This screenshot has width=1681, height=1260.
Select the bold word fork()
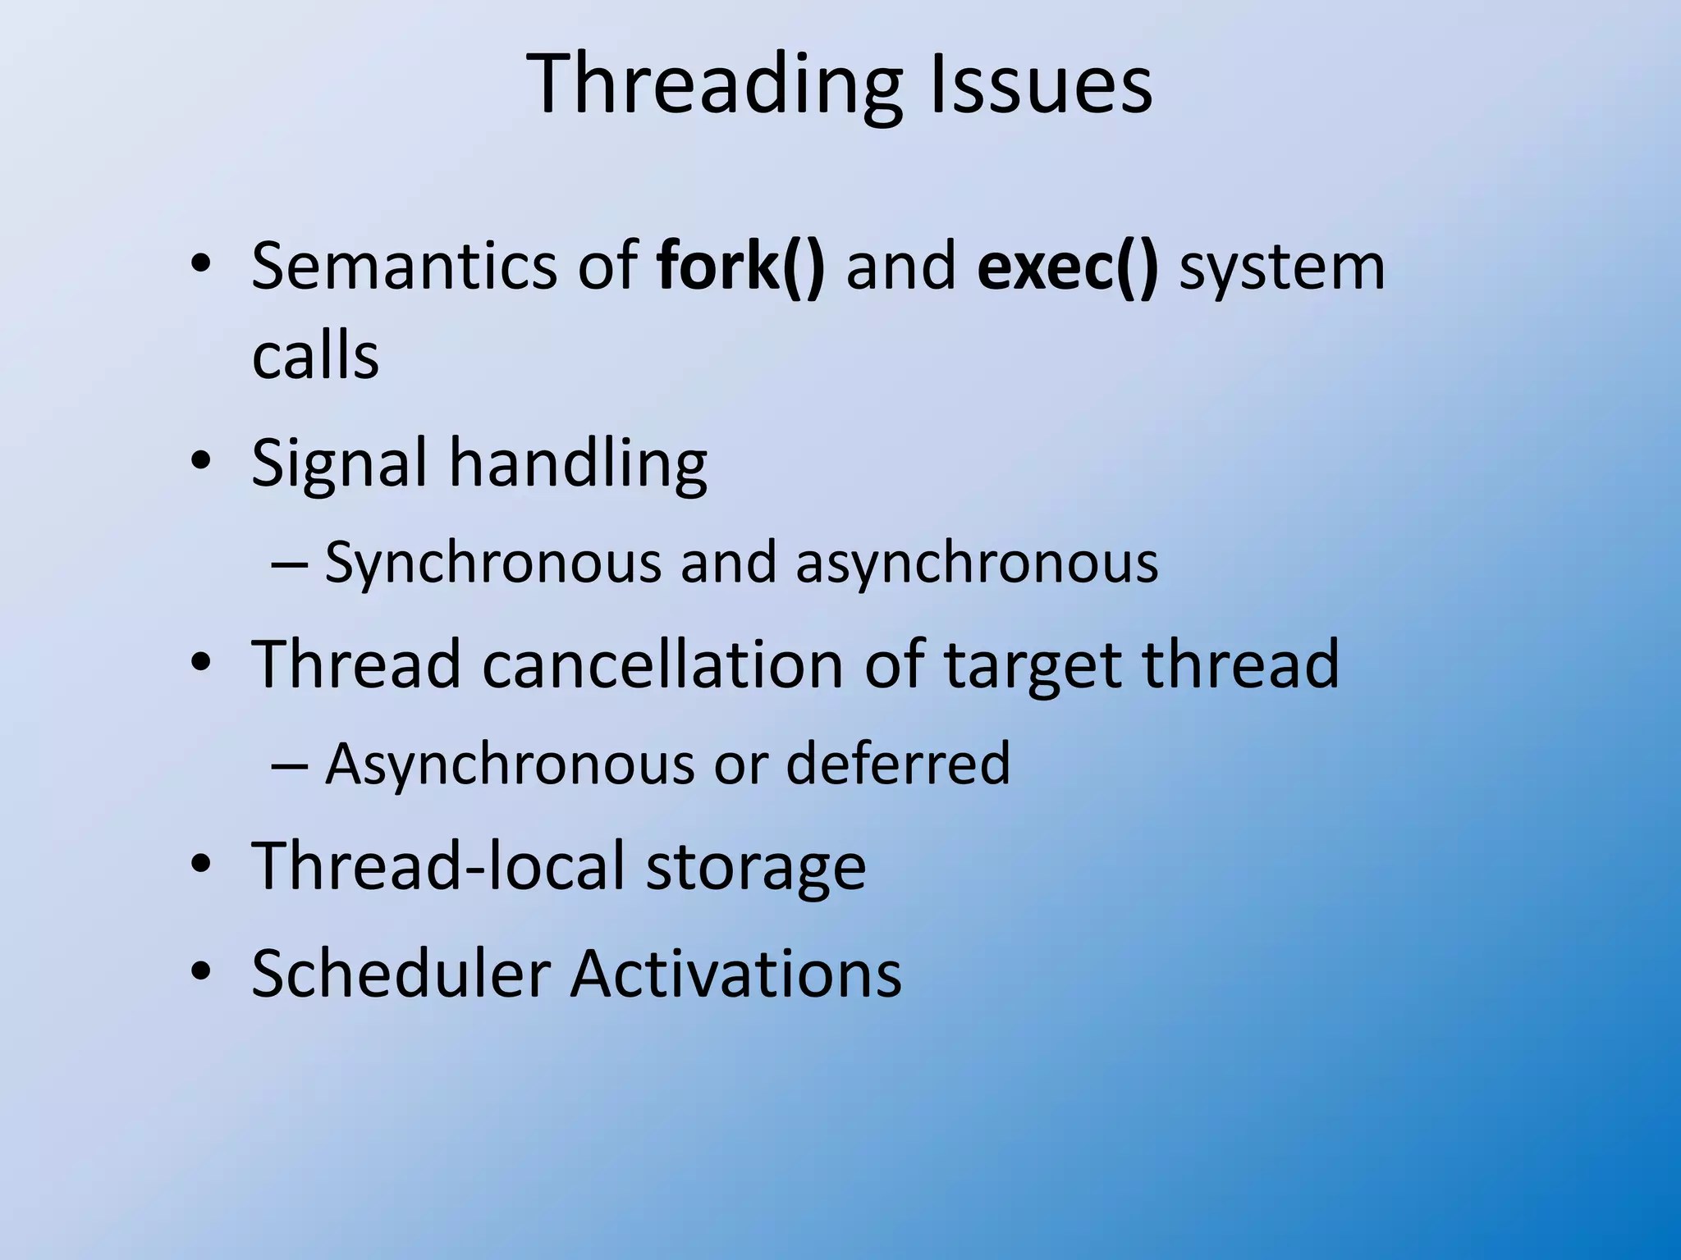pos(740,267)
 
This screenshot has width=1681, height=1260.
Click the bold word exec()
pos(1068,267)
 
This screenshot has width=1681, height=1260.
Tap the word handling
pos(578,464)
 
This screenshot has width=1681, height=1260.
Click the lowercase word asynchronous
pos(977,564)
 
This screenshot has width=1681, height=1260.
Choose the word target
pos(1033,664)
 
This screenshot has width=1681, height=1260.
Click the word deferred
pos(898,764)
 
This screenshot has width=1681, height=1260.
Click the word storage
pos(755,868)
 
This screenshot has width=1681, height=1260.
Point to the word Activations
pos(736,973)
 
